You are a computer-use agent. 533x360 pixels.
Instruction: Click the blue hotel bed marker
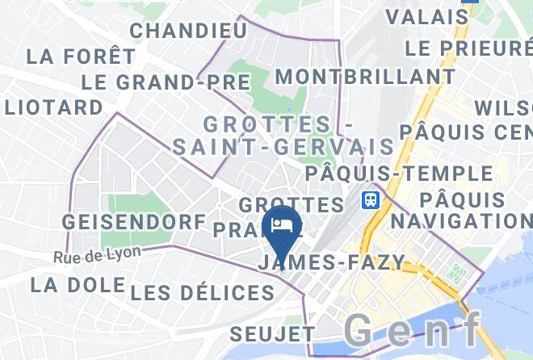[x=282, y=225]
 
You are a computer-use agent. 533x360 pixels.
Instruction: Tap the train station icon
[x=371, y=199]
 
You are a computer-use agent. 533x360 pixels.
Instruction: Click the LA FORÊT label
[x=81, y=57]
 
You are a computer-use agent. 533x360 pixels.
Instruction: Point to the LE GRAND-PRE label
[x=166, y=82]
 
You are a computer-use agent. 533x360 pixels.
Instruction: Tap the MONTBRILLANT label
[x=364, y=77]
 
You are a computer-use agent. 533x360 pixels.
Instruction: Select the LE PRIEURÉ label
[x=468, y=48]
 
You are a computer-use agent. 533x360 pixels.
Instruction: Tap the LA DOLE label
[x=78, y=285]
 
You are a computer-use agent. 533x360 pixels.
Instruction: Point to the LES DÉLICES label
[x=202, y=292]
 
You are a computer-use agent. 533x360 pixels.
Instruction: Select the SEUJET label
[x=272, y=333]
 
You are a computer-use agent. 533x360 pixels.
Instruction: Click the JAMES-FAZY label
[x=330, y=262]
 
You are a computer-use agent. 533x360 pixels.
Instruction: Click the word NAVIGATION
[x=468, y=220]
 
